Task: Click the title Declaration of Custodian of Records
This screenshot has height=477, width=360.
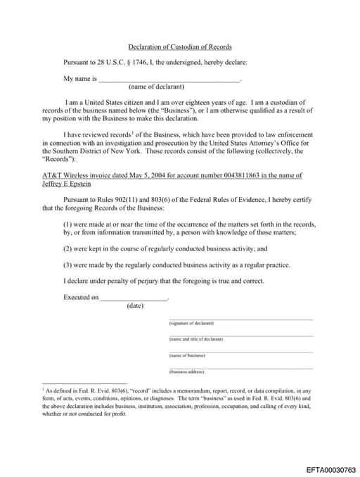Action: pos(179,46)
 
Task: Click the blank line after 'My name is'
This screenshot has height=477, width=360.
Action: pos(169,79)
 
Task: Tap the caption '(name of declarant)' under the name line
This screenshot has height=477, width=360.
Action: pos(156,87)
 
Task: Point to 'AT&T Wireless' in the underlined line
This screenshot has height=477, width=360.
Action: pos(63,175)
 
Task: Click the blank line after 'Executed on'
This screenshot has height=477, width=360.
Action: pos(134,298)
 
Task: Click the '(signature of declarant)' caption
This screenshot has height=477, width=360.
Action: pos(191,323)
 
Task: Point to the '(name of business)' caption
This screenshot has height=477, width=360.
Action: pos(187,355)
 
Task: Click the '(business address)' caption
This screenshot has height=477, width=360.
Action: pos(186,371)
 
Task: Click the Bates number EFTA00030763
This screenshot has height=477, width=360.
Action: pos(331,469)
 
